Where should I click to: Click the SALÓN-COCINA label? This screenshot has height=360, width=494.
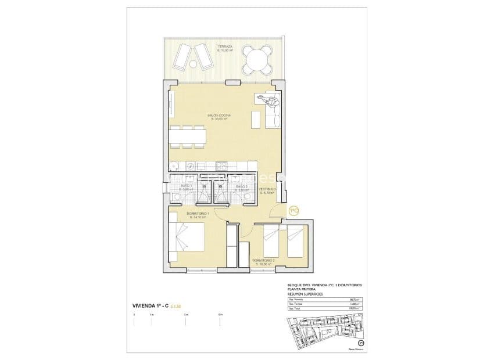[x=219, y=116]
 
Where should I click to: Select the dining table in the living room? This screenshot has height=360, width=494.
[x=188, y=136]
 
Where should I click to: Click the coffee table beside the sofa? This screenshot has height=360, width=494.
[x=255, y=119]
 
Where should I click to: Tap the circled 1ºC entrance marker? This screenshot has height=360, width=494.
[x=293, y=210]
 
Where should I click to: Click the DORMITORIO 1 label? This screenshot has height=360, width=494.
[x=198, y=215]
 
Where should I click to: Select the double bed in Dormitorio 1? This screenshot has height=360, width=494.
[x=187, y=237]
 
